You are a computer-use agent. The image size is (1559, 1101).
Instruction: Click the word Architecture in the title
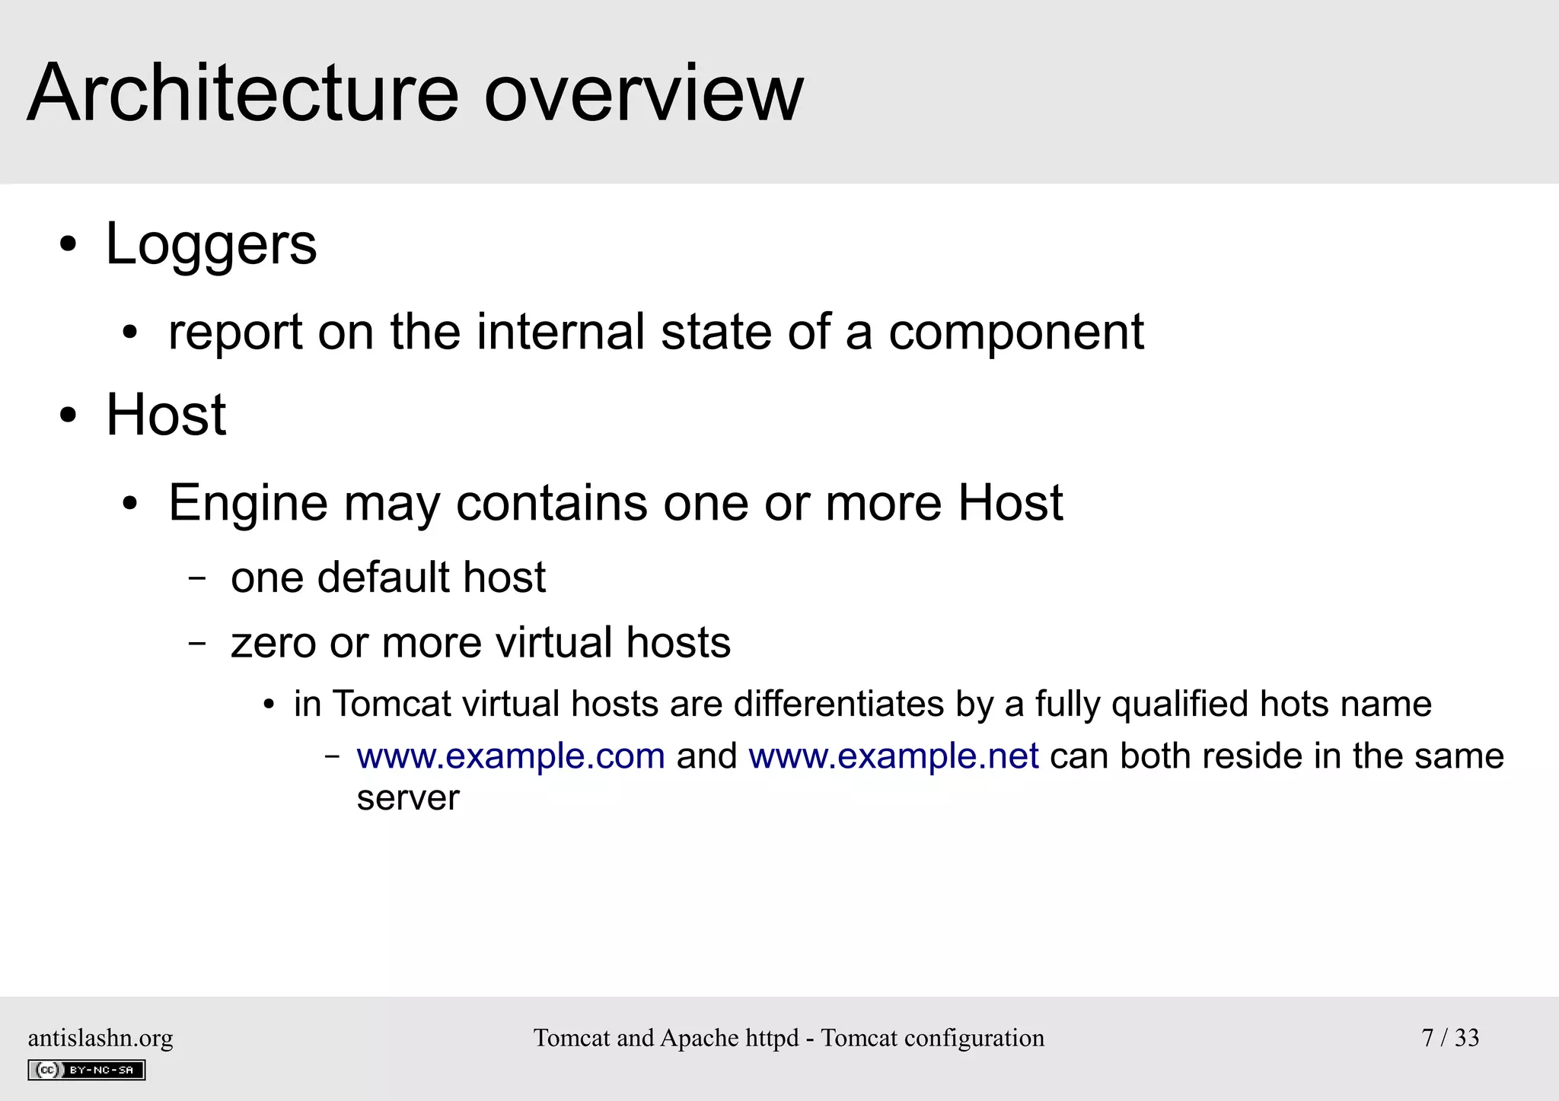[243, 94]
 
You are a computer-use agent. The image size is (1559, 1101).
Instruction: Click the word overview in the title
[643, 94]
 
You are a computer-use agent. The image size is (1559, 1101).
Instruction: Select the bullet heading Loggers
[211, 245]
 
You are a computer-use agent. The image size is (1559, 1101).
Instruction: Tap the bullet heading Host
[166, 415]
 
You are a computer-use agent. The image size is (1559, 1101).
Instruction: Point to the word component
[1015, 333]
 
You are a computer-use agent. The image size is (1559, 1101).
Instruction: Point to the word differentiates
[838, 705]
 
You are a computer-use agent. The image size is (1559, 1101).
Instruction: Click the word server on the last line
[408, 798]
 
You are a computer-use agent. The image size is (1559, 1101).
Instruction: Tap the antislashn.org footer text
[100, 1038]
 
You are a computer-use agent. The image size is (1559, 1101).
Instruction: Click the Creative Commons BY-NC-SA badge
[87, 1070]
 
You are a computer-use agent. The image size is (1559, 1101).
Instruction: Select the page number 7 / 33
[1450, 1038]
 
